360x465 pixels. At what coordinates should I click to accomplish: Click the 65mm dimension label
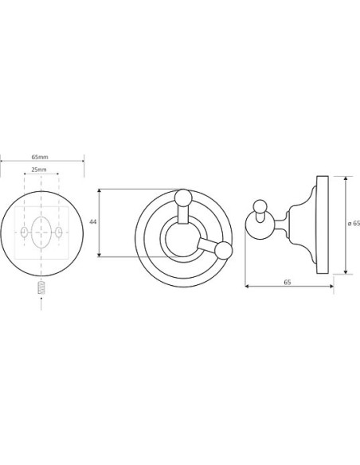40,157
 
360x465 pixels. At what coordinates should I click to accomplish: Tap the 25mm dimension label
39,170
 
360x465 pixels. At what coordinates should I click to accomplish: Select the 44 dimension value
93,221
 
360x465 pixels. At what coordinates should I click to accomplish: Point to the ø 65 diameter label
354,224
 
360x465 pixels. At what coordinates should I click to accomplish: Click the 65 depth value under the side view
288,282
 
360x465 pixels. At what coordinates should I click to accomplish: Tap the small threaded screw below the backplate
41,288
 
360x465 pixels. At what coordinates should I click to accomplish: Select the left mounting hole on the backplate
25,232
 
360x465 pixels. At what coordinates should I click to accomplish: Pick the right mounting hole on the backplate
59,232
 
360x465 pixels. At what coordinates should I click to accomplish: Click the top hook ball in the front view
183,197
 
